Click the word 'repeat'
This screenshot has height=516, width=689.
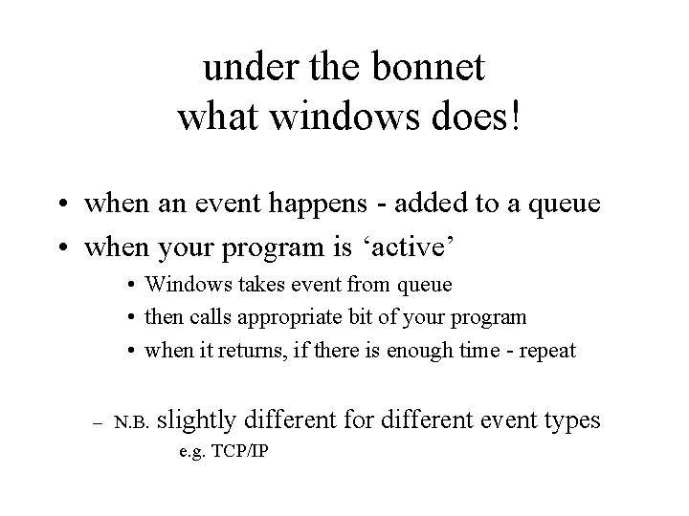[546, 350]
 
